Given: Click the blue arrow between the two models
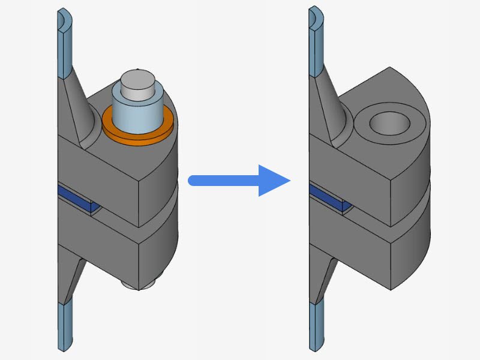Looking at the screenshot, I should coord(240,180).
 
